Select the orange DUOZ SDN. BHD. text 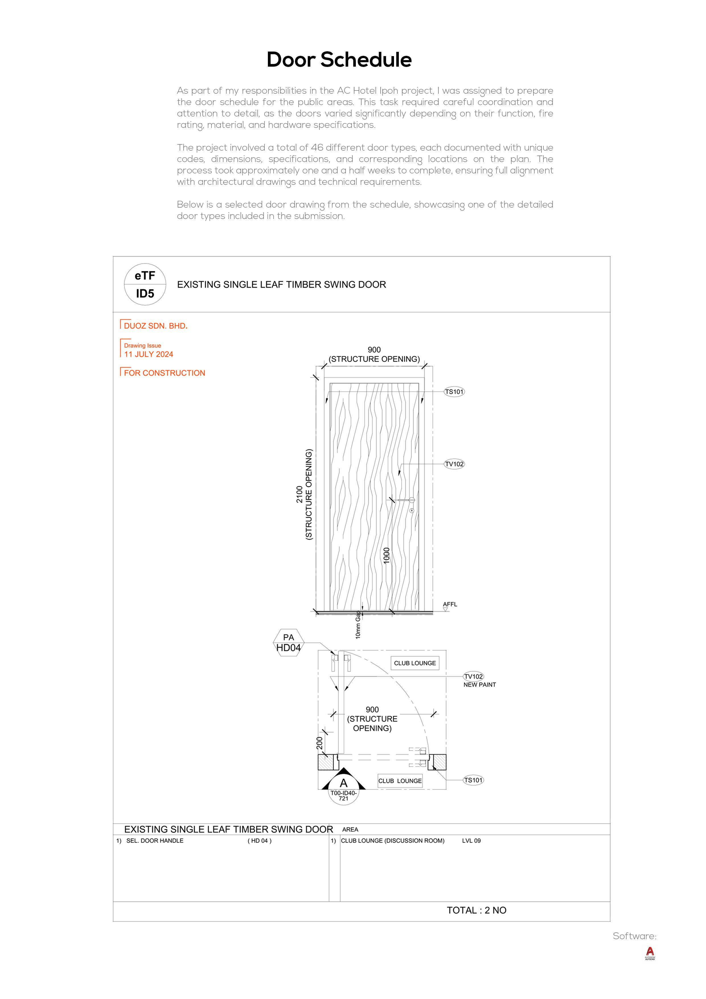155,326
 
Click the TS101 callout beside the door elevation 454,392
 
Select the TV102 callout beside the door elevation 454,464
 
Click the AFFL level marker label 450,604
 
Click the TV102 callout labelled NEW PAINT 473,677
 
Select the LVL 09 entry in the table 471,841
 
